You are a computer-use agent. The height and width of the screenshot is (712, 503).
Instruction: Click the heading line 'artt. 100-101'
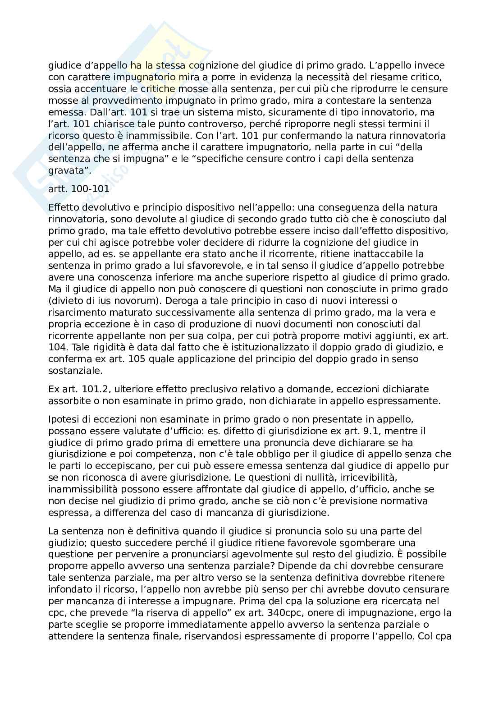click(x=78, y=189)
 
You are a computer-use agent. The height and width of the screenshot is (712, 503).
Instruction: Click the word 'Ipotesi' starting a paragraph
click(x=62, y=419)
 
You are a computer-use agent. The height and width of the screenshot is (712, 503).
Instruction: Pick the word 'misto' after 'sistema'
click(x=224, y=112)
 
